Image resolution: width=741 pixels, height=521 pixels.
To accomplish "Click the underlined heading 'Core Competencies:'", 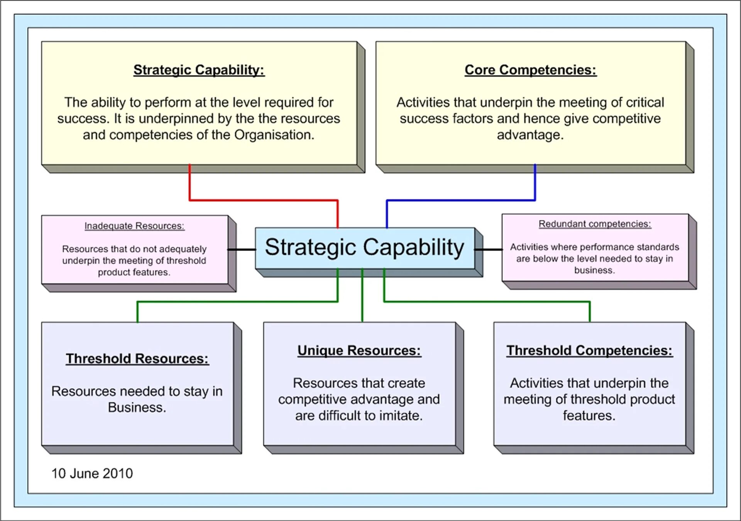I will click(530, 70).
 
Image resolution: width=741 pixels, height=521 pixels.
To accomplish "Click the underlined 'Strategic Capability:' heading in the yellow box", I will click(199, 70).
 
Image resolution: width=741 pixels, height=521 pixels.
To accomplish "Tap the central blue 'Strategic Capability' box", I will click(364, 247).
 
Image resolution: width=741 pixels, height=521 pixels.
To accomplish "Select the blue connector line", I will click(461, 200).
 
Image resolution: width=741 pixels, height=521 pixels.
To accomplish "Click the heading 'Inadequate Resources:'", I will click(134, 226).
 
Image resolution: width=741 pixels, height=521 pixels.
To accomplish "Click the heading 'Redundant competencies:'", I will click(595, 224).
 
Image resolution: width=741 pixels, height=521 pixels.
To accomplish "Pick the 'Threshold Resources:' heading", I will click(137, 359).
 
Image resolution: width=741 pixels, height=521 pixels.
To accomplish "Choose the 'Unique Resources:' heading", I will click(359, 350).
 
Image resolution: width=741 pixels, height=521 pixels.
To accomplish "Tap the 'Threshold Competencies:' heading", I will click(589, 350).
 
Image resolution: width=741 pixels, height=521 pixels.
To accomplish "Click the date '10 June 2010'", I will click(92, 473).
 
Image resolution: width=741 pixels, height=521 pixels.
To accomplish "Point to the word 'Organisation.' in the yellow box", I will click(274, 135).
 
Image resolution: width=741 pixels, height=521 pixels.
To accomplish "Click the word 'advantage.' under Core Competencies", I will click(530, 135).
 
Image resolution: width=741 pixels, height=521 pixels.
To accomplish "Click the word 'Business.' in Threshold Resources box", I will click(137, 408).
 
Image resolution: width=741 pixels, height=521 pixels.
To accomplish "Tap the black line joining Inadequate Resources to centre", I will click(242, 250).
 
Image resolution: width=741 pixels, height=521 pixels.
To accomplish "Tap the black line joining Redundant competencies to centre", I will click(489, 250).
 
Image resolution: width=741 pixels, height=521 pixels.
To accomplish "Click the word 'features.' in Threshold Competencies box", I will click(589, 416).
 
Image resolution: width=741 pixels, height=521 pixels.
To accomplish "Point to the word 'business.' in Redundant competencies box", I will click(594, 270).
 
